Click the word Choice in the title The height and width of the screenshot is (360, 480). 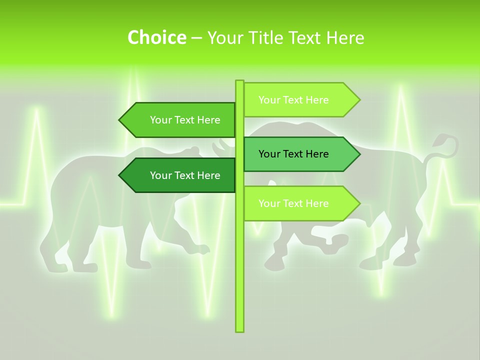pos(156,37)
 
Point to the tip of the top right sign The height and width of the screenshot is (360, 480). pos(358,100)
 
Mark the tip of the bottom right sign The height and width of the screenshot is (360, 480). pos(358,203)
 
